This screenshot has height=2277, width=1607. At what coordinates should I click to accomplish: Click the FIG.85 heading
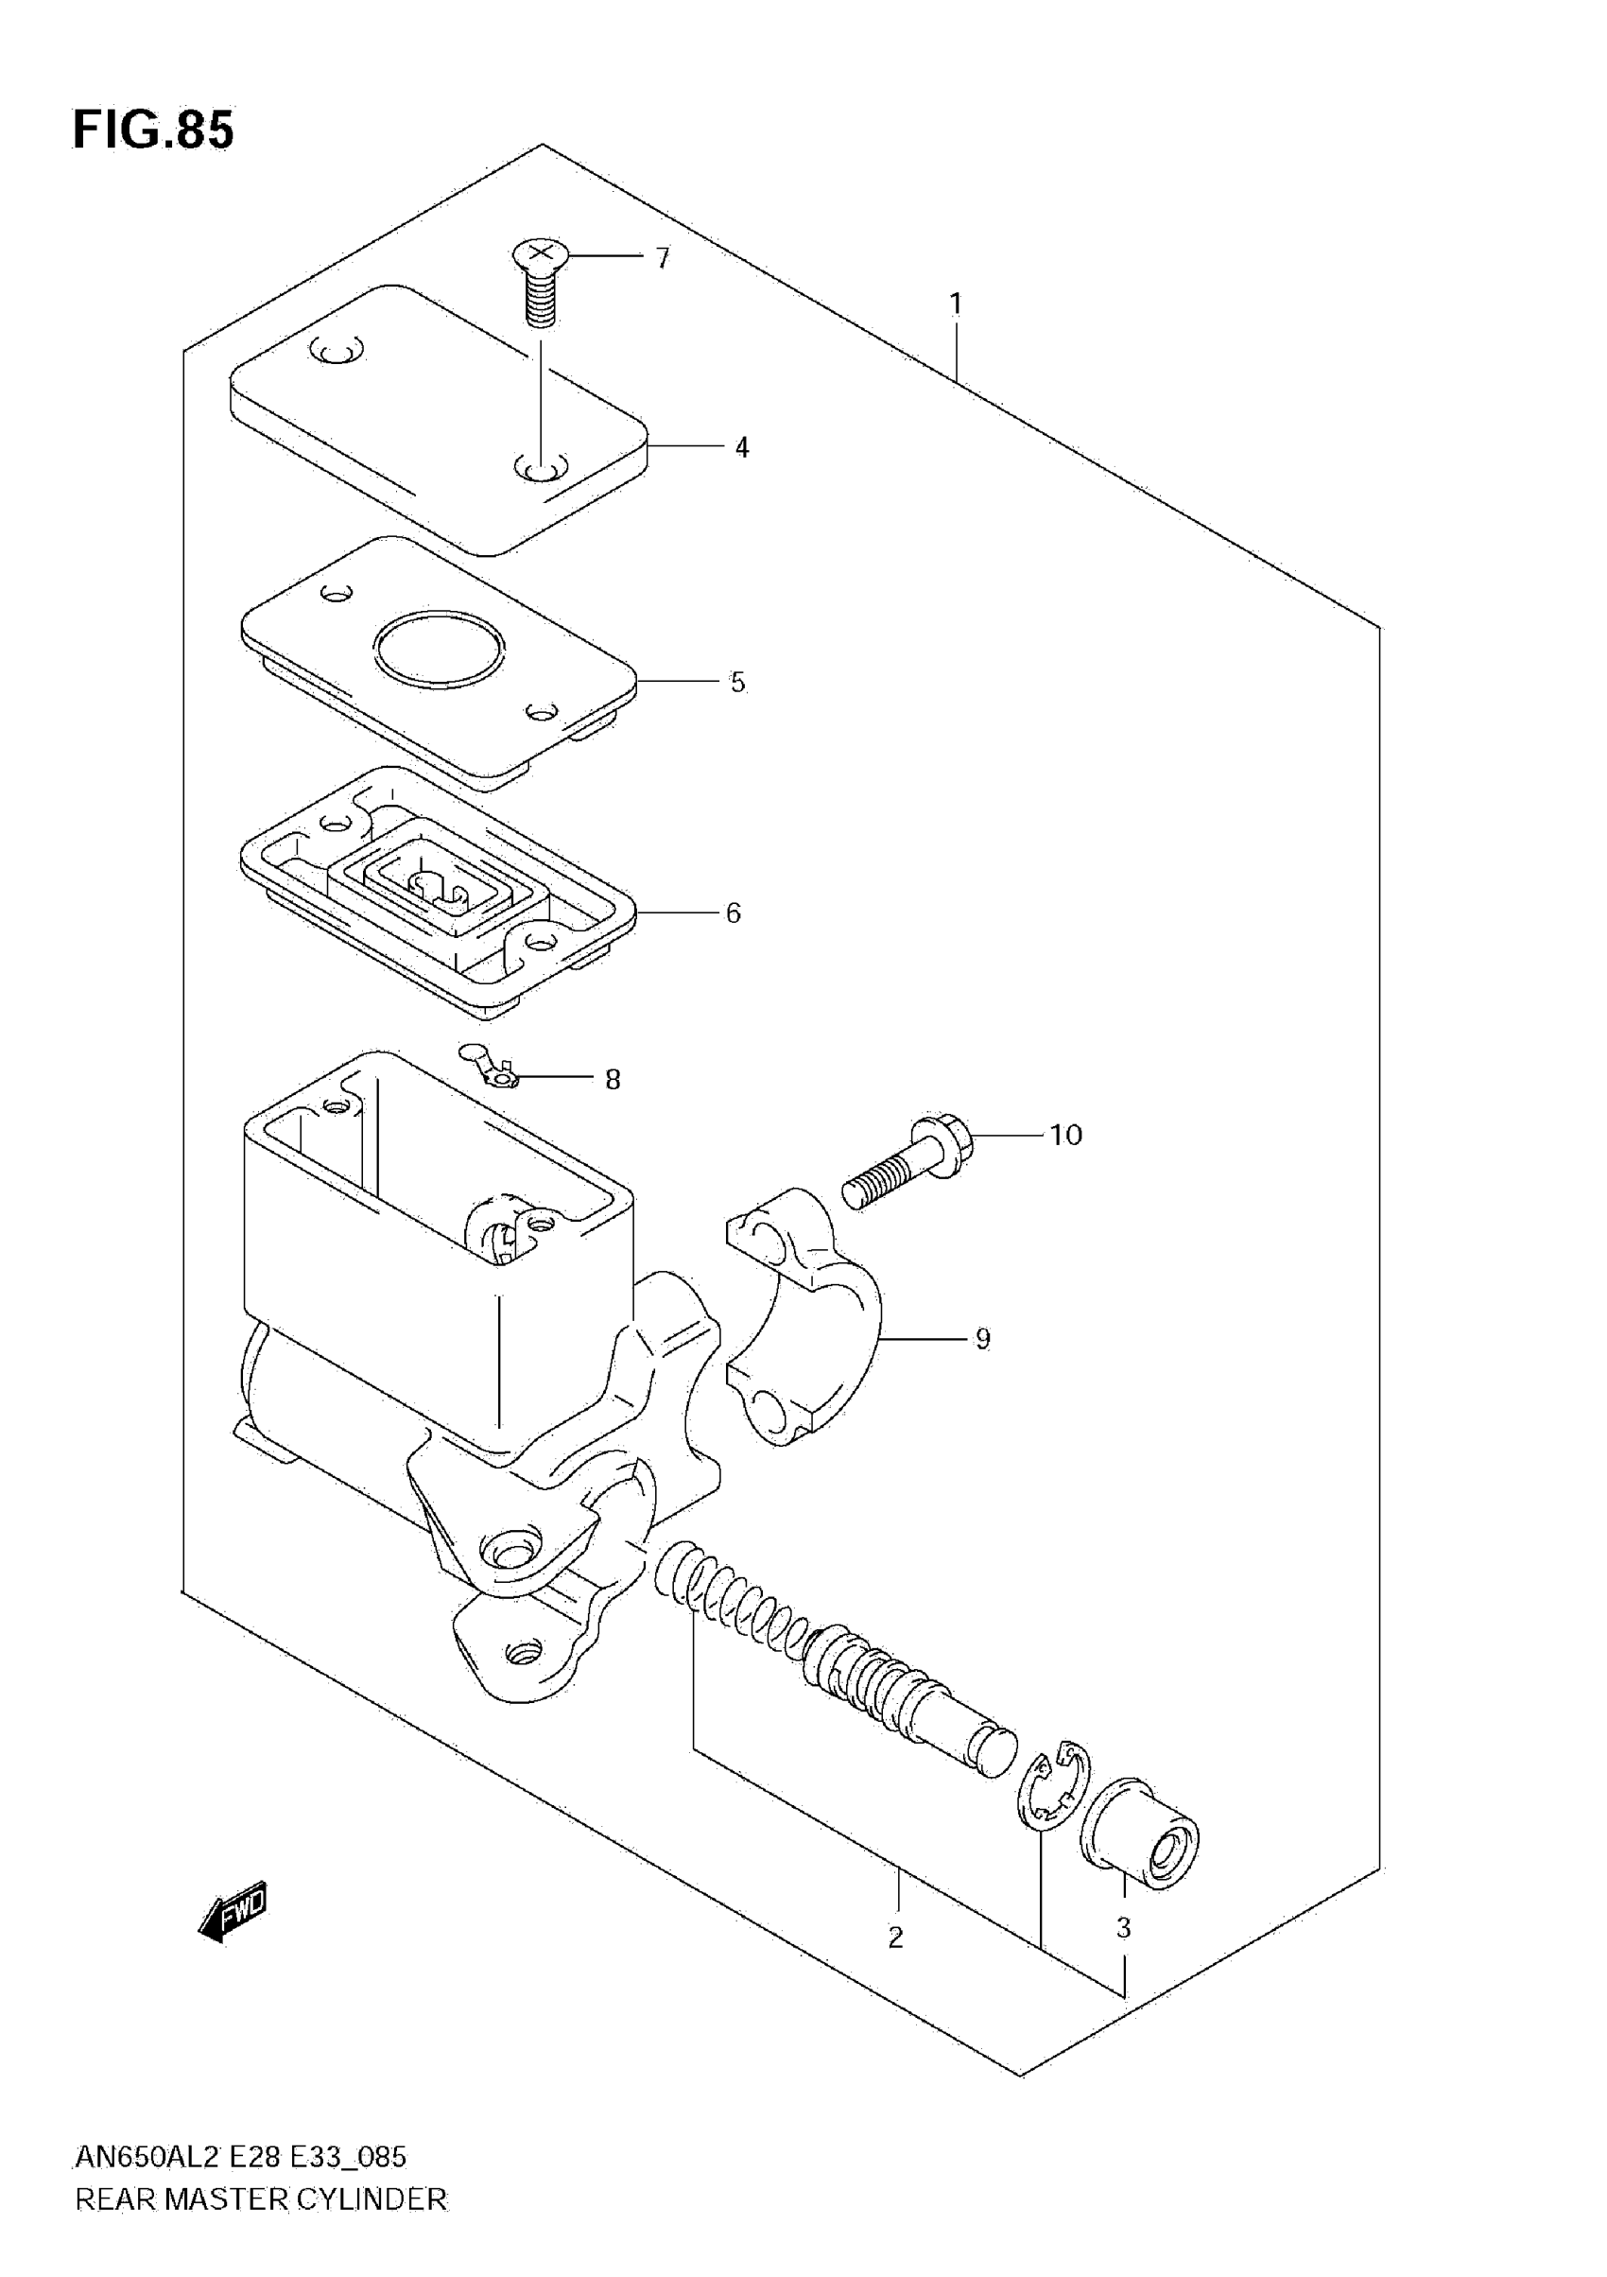click(x=153, y=130)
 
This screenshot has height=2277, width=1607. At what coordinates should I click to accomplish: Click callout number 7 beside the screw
click(x=664, y=259)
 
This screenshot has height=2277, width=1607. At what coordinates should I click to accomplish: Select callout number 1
click(x=956, y=304)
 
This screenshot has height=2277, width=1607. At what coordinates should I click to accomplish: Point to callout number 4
click(x=741, y=448)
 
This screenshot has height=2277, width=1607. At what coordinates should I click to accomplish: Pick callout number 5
click(x=737, y=683)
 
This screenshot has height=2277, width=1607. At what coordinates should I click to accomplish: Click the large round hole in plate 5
click(x=440, y=648)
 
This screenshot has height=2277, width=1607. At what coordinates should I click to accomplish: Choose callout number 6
click(x=734, y=913)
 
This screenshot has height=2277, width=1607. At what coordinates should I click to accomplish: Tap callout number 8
click(x=613, y=1079)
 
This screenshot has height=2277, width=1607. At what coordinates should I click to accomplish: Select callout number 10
click(x=1065, y=1135)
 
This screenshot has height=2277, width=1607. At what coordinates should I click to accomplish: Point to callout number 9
click(x=982, y=1339)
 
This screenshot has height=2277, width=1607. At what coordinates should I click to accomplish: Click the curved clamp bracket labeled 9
click(x=808, y=1319)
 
